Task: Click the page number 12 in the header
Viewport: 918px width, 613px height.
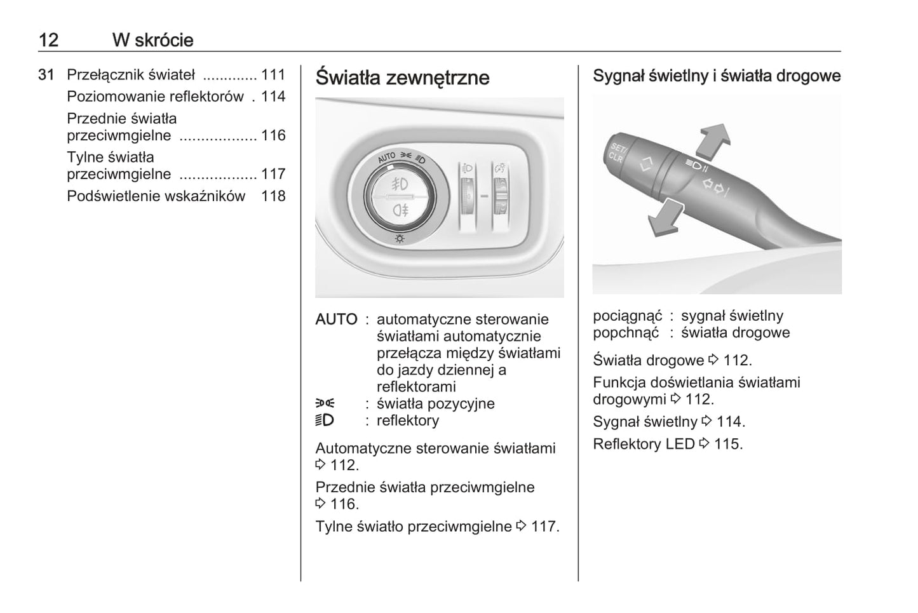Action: tap(48, 40)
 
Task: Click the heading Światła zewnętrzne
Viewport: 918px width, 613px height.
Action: tap(402, 77)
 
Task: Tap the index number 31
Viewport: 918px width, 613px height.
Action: tap(46, 75)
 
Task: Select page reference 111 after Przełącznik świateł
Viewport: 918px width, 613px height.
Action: tap(273, 75)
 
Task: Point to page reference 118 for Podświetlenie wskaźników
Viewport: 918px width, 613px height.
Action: tap(273, 196)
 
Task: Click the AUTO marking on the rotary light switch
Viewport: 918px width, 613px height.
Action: tap(386, 157)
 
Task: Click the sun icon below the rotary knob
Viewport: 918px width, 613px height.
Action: tap(400, 239)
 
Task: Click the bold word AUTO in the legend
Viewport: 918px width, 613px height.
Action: tap(336, 320)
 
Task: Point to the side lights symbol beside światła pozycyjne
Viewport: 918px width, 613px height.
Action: tap(325, 403)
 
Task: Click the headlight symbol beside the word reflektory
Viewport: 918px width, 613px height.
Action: tap(325, 421)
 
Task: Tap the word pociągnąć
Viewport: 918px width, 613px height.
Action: tap(627, 316)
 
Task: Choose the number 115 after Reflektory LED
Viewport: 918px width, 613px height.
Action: tap(728, 444)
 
